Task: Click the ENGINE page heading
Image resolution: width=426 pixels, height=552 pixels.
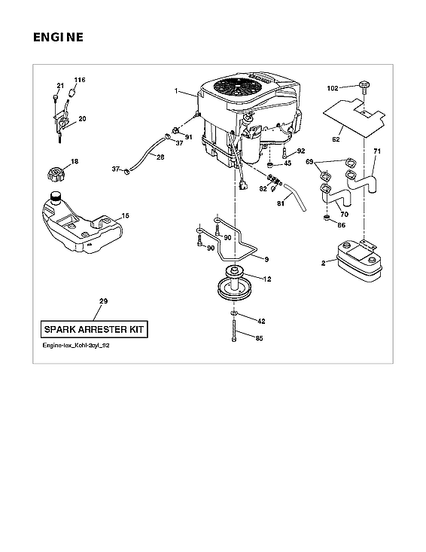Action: click(58, 37)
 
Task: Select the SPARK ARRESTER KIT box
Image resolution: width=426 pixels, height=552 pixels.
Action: click(94, 329)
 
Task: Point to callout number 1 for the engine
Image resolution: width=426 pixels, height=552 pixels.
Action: click(176, 92)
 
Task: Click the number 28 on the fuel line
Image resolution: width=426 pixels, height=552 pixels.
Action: click(159, 156)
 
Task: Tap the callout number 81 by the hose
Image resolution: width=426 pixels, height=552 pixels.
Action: click(281, 203)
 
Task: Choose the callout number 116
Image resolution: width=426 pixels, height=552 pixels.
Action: click(80, 79)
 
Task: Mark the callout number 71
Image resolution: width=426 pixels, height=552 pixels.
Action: click(377, 152)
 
